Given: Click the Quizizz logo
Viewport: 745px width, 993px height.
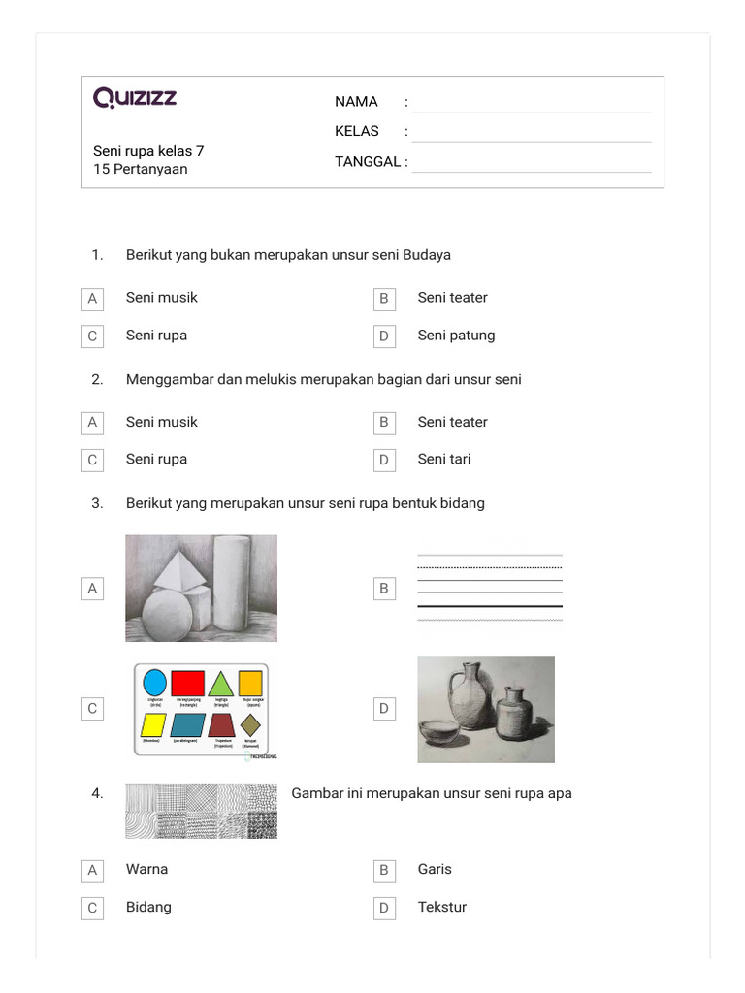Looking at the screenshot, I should [135, 98].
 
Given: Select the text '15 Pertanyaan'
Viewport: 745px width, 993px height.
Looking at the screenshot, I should [140, 169].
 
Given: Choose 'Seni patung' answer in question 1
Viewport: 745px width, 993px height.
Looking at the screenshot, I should [456, 336].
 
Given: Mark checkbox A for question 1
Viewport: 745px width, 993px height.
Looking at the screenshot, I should [92, 299].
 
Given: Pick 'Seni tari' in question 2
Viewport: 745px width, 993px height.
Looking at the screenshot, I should [443, 459].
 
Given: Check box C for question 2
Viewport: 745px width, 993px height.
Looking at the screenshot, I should [92, 460].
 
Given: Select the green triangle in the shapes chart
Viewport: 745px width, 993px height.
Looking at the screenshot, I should [220, 683].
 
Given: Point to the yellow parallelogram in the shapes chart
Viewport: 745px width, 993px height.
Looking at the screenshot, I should [153, 724].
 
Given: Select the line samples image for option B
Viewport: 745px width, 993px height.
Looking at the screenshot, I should [489, 588].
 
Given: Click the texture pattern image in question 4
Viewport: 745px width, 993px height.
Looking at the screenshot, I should [201, 811].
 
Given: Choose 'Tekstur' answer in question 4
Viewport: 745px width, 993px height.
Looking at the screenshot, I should [441, 907].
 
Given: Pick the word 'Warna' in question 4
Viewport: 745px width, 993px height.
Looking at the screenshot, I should [146, 869].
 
